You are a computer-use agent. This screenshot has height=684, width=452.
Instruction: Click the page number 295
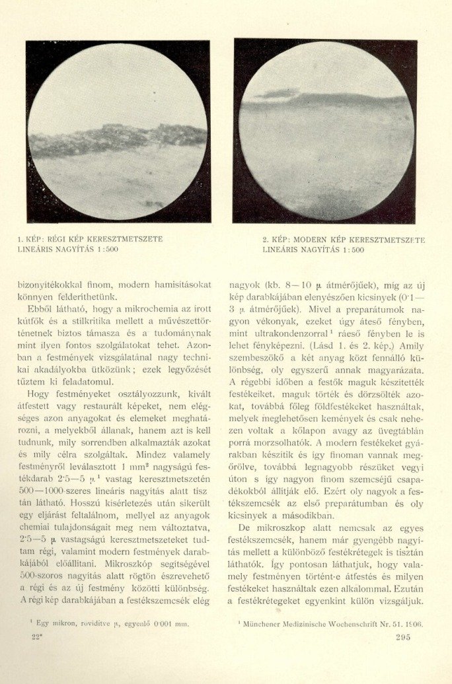coord(402,636)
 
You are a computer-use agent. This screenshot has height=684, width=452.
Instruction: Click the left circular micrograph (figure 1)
coord(118,131)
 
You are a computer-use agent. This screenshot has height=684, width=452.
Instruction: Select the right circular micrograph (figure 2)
coord(326,131)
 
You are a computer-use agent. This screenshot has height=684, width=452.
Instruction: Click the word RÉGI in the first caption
coord(56,239)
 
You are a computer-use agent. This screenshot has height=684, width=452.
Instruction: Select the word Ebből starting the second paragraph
coord(41,309)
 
